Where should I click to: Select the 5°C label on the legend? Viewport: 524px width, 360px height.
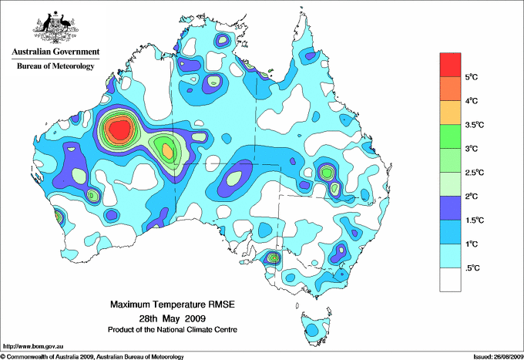click(x=472, y=77)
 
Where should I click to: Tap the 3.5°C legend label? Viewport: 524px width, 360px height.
click(x=475, y=124)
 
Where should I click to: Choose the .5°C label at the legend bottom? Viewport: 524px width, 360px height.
click(x=472, y=267)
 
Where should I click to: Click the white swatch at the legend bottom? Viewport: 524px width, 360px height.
click(x=450, y=279)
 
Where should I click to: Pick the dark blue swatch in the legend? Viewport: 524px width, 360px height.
click(x=450, y=207)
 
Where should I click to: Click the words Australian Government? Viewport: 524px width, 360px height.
click(x=55, y=52)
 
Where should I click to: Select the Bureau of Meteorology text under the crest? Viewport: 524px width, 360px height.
click(x=55, y=66)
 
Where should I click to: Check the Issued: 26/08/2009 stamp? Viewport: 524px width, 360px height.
click(x=496, y=356)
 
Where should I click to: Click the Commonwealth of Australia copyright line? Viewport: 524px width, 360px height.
click(x=92, y=356)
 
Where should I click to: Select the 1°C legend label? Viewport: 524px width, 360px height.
click(x=472, y=244)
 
